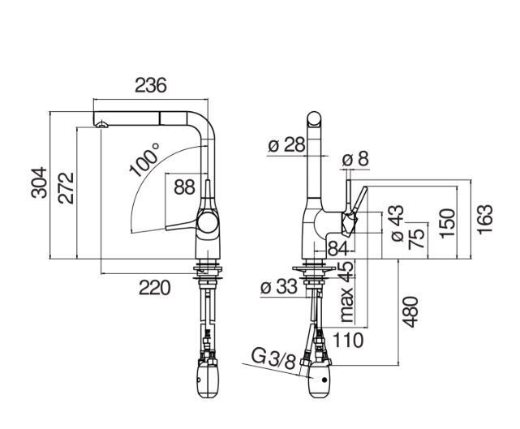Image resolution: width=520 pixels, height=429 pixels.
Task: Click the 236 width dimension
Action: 151,85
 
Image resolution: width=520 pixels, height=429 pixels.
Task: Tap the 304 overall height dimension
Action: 39,182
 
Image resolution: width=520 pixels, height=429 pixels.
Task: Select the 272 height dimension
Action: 66,187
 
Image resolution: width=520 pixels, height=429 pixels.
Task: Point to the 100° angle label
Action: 144,160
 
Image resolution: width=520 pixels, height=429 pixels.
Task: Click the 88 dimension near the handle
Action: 184,187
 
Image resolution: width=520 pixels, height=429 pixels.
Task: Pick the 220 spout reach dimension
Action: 155,288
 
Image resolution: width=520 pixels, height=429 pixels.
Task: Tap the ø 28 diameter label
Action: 286,144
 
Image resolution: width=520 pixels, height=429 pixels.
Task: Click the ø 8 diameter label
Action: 355,159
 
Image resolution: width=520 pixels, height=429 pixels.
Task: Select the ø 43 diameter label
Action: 397,223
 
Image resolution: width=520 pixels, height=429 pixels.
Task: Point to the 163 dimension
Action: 485,219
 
